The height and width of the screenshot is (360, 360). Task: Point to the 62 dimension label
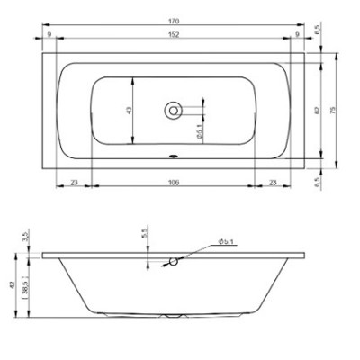(317, 110)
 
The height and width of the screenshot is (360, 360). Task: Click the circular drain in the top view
(173, 110)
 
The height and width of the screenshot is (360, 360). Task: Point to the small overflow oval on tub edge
(173, 153)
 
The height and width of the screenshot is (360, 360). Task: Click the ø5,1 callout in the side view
(225, 243)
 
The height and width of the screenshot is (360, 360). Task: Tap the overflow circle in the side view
(174, 262)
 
